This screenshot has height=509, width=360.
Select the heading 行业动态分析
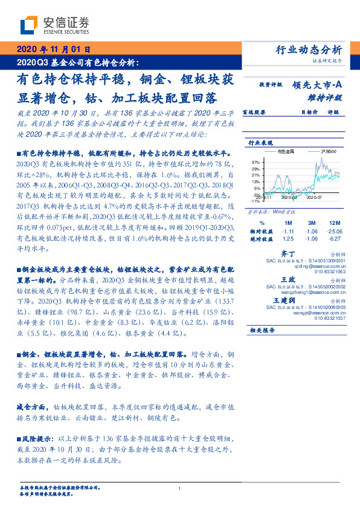[x=312, y=50]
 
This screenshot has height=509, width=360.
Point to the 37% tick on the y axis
[x=255, y=163]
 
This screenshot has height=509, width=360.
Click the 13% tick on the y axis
[x=255, y=182]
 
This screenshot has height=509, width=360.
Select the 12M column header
[x=335, y=223]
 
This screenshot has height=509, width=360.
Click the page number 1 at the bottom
[x=180, y=489]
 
